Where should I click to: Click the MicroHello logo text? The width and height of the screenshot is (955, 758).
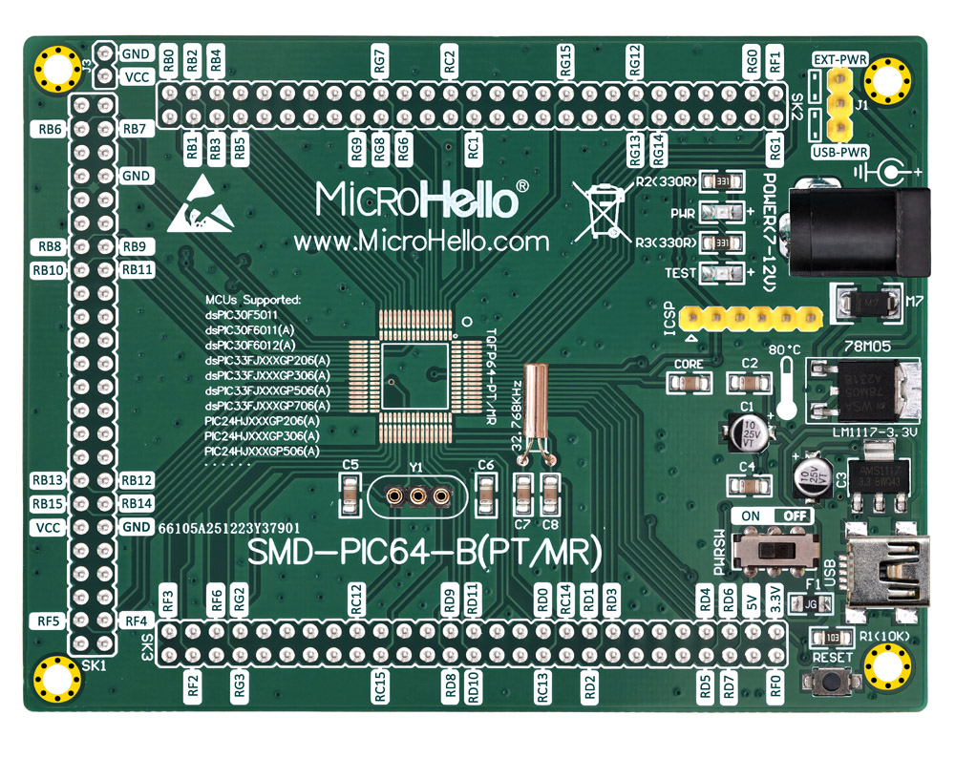coord(421,199)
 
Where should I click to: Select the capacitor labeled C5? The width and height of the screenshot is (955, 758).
coord(350,494)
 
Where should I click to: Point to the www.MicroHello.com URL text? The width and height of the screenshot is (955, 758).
coord(421,242)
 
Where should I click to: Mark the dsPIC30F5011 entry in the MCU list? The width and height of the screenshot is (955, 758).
coord(241,314)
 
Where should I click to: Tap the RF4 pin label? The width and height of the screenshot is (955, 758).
coord(134,621)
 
